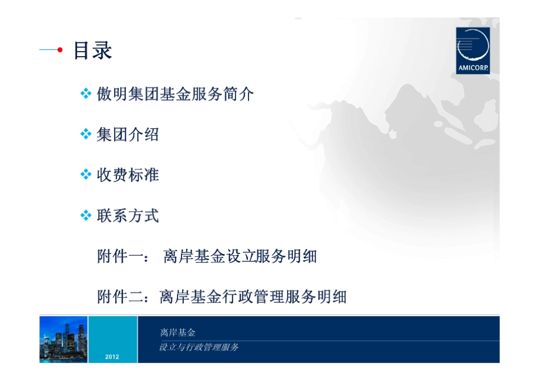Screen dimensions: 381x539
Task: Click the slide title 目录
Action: click(92, 50)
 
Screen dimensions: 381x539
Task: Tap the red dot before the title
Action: click(60, 50)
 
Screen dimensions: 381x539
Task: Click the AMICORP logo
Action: click(473, 49)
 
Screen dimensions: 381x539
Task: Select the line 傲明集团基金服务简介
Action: click(175, 94)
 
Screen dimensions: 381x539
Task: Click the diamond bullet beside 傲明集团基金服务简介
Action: click(86, 94)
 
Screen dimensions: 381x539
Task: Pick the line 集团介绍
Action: click(128, 134)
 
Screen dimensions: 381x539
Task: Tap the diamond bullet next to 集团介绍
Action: click(86, 134)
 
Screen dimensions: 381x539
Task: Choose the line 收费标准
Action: click(128, 175)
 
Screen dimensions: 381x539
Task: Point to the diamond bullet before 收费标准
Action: click(86, 175)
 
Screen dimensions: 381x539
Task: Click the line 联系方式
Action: click(128, 215)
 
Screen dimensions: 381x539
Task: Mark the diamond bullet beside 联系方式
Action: click(86, 215)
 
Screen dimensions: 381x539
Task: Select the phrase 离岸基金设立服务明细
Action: click(239, 256)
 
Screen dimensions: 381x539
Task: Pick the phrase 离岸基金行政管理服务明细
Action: click(252, 297)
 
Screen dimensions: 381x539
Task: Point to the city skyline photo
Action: click(64, 339)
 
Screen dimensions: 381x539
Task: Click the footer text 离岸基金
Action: click(178, 333)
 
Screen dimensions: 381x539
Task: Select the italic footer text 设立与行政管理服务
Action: click(199, 347)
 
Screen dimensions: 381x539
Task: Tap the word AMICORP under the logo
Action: click(473, 70)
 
